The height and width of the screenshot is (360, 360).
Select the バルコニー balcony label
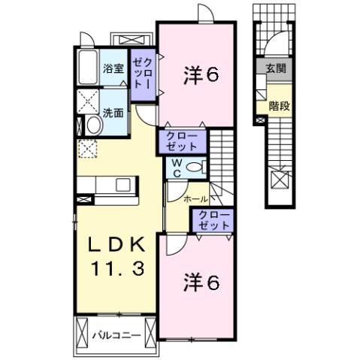(116, 334)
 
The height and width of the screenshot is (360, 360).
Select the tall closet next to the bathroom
(143, 76)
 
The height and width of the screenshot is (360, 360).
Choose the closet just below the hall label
(214, 219)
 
